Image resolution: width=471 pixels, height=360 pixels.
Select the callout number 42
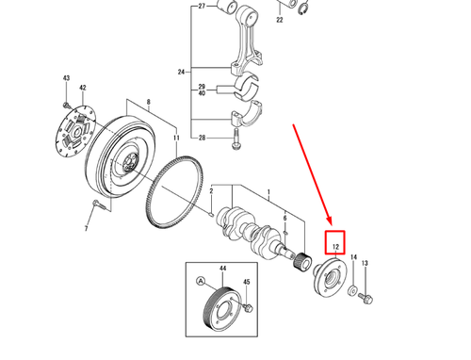point(83,88)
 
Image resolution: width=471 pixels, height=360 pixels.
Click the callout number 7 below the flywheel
point(86,229)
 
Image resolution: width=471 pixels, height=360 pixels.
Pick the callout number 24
point(182,72)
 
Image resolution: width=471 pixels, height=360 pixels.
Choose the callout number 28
point(201,138)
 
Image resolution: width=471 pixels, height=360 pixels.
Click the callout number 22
point(279,19)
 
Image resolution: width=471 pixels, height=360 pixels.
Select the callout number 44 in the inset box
point(223,270)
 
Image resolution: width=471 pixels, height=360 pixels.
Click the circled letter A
point(201,280)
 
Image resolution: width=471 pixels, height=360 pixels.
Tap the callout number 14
point(353,256)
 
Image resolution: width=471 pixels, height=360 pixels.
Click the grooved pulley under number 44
point(222,310)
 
